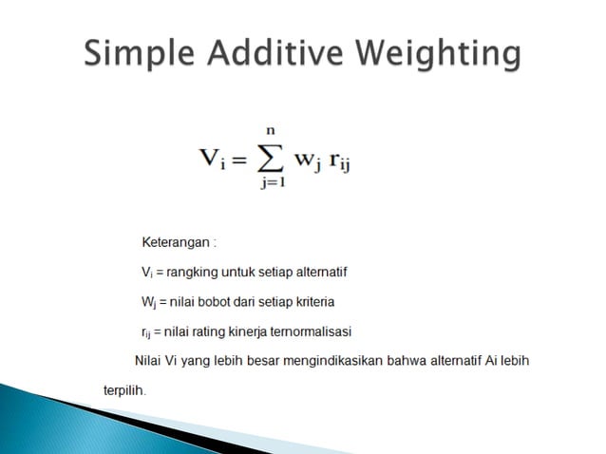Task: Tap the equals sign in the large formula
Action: pos(239,157)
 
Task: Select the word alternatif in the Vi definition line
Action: pos(319,273)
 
